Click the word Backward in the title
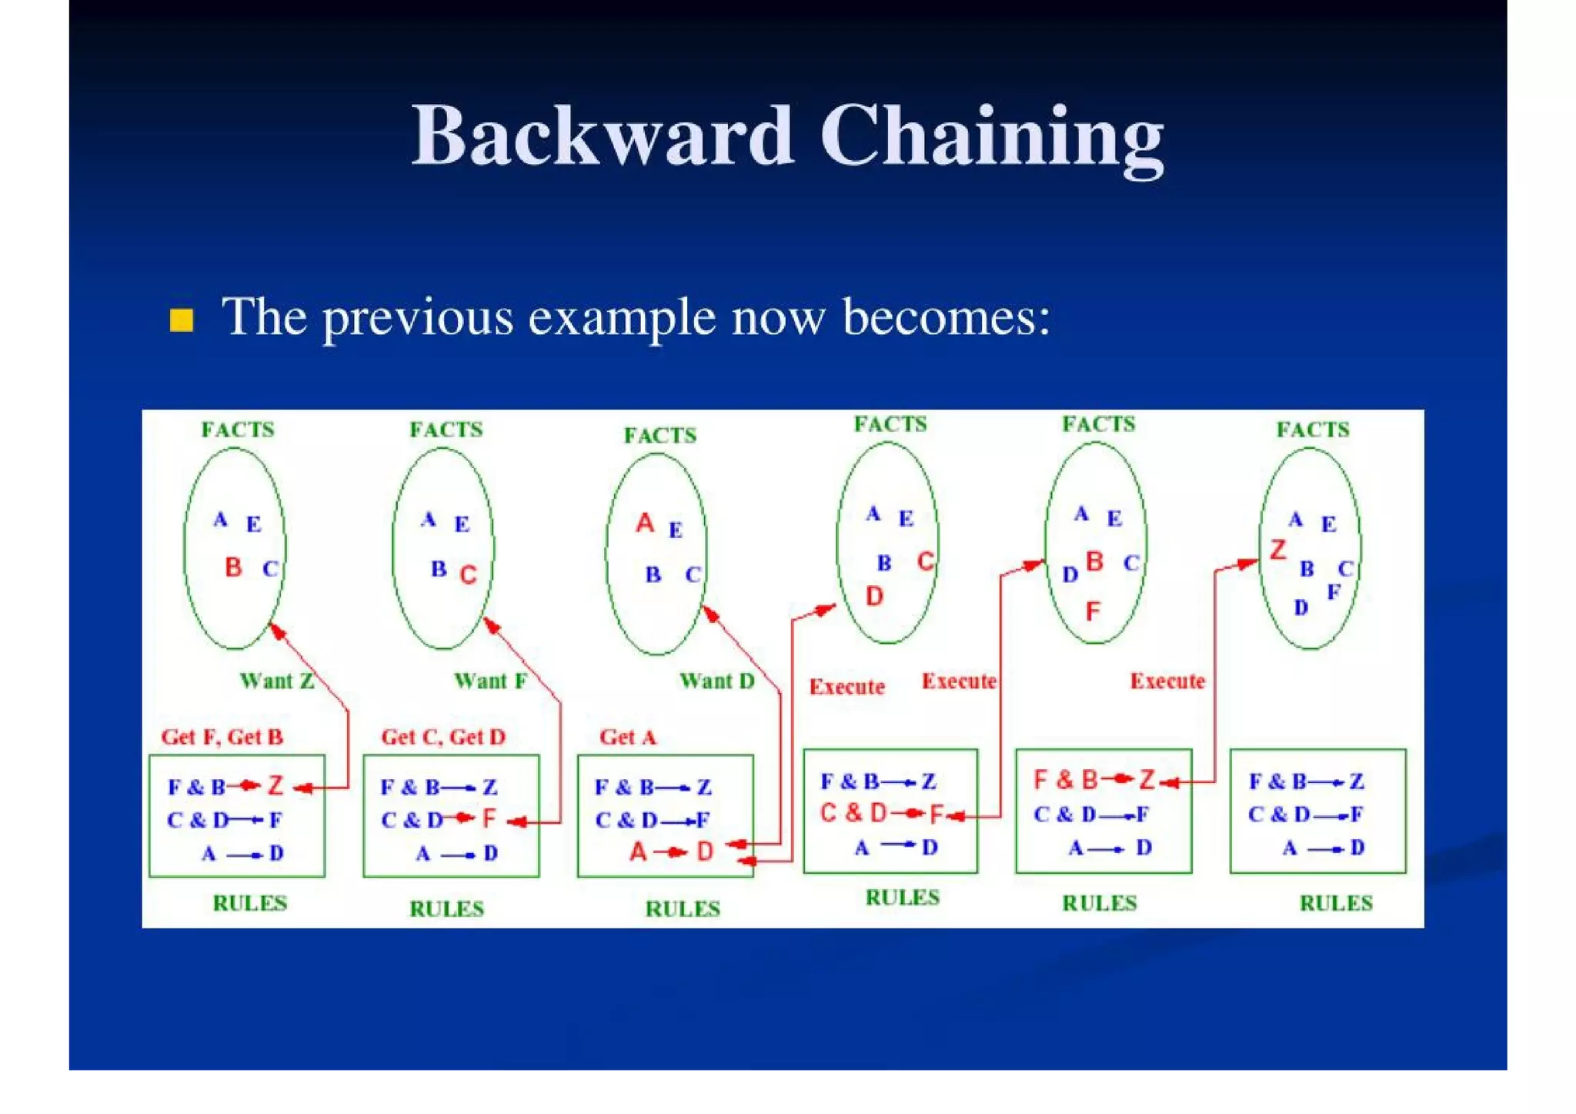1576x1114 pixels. [x=602, y=136]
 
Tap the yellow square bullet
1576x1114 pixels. [x=182, y=319]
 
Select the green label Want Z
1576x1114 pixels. [x=277, y=681]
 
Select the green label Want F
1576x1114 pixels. [x=490, y=681]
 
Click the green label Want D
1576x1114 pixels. [x=716, y=681]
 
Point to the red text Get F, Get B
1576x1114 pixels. [x=222, y=737]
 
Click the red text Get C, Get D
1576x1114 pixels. [x=443, y=737]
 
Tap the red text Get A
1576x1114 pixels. [x=628, y=737]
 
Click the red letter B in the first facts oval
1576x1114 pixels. [x=233, y=568]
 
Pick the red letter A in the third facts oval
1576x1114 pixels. [x=645, y=524]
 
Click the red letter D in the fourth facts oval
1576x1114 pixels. [x=874, y=596]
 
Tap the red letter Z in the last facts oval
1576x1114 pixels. [x=1278, y=550]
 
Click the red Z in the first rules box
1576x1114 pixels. [x=275, y=786]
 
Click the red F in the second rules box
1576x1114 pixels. [x=489, y=819]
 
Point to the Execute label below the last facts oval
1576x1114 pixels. [x=1167, y=681]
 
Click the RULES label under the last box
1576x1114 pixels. [x=1336, y=903]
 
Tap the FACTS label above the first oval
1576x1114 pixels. [x=238, y=430]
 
